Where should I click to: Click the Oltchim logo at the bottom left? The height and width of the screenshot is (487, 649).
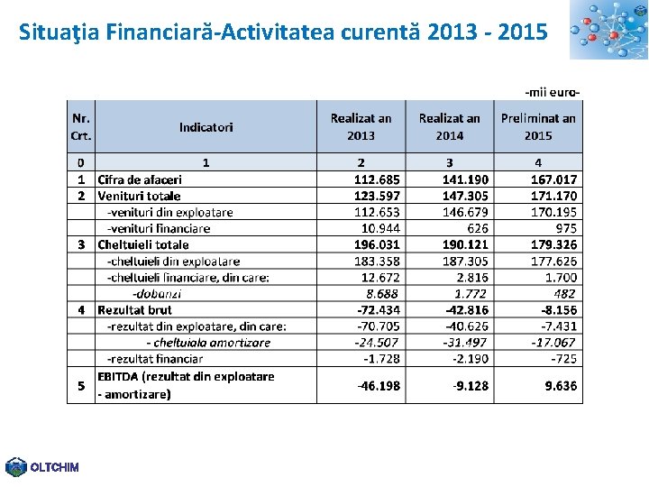(x=41, y=466)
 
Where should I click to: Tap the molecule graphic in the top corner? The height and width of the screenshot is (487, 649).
(x=608, y=30)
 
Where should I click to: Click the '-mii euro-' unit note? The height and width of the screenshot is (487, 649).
(x=552, y=91)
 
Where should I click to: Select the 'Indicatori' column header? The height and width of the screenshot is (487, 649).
(x=206, y=127)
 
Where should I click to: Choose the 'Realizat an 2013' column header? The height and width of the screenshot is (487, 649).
(x=361, y=127)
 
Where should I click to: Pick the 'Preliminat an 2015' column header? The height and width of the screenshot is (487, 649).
(x=538, y=127)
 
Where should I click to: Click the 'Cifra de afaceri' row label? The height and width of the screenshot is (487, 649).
(x=140, y=179)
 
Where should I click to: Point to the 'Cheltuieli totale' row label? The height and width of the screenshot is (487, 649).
(x=143, y=244)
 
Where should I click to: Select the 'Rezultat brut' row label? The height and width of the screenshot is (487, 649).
(x=135, y=309)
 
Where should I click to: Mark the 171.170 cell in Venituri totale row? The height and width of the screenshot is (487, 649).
(x=554, y=196)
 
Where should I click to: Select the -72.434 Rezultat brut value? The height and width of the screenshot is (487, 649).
(x=379, y=309)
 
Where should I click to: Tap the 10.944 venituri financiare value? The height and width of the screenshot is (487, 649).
(x=380, y=228)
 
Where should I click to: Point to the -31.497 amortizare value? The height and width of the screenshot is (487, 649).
(x=465, y=342)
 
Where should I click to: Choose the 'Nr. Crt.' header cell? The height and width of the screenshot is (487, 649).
(x=81, y=127)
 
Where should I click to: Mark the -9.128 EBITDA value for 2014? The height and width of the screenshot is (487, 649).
(x=471, y=385)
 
